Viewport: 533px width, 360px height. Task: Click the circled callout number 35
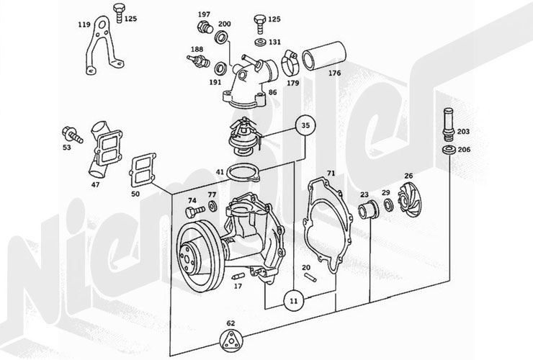[305, 125]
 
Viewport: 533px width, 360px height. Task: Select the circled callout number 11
[295, 301]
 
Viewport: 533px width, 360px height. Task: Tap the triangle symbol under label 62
[230, 341]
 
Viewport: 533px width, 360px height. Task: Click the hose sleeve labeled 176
[324, 55]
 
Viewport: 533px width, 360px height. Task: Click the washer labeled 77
[213, 206]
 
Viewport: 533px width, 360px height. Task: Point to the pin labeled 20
[310, 277]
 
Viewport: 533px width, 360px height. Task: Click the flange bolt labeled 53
[72, 135]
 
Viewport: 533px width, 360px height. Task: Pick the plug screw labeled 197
[205, 27]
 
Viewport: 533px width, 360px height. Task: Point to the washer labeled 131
[261, 42]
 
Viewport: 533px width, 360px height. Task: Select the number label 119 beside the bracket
[84, 24]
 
